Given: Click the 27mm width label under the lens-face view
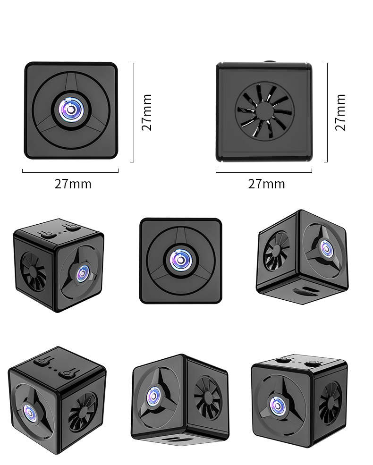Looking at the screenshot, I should click(73, 184).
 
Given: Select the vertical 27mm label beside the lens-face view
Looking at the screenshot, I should click(147, 112).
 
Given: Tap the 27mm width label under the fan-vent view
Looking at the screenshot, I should click(266, 184).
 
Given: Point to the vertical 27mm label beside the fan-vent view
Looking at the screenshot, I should click(340, 112).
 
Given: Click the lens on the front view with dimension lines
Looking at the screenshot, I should click(71, 110).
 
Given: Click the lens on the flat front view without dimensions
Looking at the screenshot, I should click(181, 260).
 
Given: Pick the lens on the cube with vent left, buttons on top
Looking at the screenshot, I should click(83, 272).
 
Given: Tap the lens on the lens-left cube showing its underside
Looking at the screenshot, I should click(154, 396).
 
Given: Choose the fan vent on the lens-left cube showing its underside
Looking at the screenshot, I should click(208, 397).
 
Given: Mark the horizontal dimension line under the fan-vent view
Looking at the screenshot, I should click(264, 172).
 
